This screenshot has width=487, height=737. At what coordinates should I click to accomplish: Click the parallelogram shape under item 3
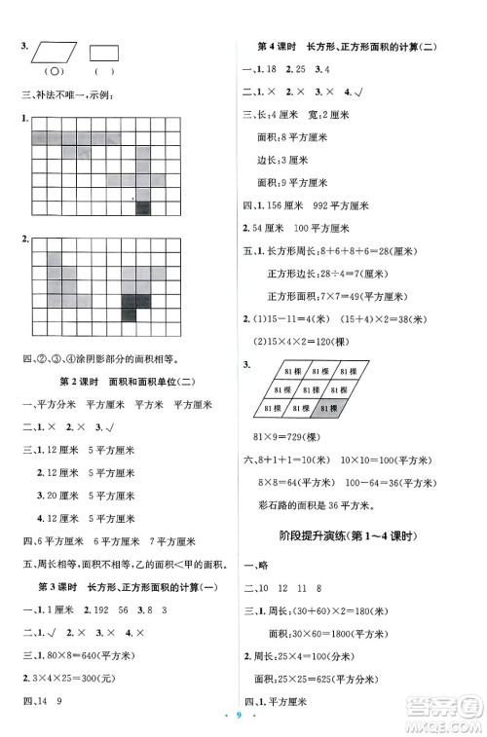(x=51, y=52)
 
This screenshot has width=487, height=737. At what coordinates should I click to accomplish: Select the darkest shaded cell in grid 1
(x=143, y=206)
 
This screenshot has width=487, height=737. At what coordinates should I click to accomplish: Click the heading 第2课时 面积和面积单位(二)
(x=123, y=381)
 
